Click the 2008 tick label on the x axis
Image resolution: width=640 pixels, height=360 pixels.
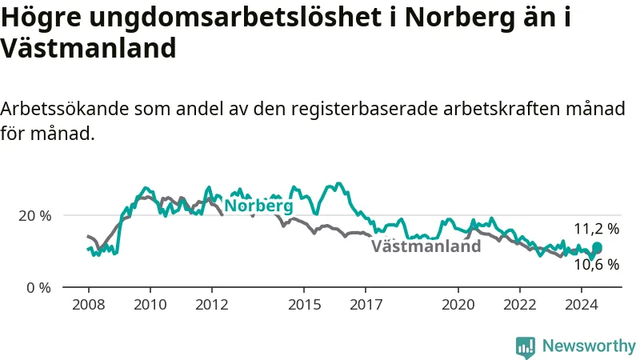tap(88, 305)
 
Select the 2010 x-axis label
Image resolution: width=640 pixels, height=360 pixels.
tap(150, 305)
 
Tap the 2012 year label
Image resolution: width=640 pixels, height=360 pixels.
tap(212, 305)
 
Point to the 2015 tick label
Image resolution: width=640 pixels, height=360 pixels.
tap(304, 305)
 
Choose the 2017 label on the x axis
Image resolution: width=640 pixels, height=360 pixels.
tap(366, 305)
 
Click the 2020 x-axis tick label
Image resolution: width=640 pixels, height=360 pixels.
tap(458, 305)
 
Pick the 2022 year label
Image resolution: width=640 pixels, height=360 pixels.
tap(519, 305)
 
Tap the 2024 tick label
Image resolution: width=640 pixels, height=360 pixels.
tap(582, 305)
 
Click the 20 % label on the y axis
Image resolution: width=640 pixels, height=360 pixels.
tap(35, 216)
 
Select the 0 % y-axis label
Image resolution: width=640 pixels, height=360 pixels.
tap(39, 288)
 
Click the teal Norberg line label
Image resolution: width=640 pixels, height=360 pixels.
tap(258, 206)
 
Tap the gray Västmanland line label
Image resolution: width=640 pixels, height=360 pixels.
tap(426, 246)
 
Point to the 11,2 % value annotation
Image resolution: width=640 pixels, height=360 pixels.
tap(597, 229)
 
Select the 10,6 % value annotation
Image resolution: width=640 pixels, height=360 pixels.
tap(597, 265)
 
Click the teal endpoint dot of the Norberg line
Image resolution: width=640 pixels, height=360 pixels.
tap(597, 247)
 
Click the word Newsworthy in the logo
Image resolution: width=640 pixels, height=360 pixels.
tap(589, 346)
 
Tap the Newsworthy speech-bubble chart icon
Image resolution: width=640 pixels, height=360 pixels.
tap(526, 347)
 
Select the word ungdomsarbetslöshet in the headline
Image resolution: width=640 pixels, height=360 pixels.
tap(235, 18)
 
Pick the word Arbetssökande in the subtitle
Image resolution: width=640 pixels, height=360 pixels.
tap(65, 109)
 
